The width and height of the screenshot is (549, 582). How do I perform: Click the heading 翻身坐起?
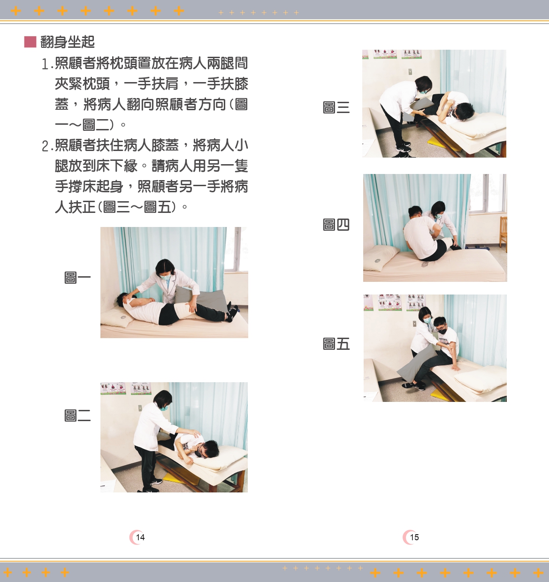click(x=68, y=42)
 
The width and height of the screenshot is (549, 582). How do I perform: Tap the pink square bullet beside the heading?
click(x=30, y=42)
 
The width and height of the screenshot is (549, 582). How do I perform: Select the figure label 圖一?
click(x=77, y=278)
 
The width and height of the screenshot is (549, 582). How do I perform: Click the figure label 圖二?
click(x=77, y=416)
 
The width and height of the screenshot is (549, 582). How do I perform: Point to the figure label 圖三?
click(x=336, y=107)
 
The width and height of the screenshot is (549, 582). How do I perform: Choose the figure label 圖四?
click(x=336, y=225)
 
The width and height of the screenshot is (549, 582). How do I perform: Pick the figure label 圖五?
click(x=336, y=344)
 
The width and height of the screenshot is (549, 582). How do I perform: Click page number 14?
click(x=140, y=537)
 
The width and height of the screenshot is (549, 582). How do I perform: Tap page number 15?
click(x=414, y=537)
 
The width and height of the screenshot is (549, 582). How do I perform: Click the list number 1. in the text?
click(x=47, y=64)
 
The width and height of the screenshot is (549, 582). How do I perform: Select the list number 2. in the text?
click(x=47, y=146)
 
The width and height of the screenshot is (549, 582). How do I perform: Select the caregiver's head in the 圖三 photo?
click(x=424, y=85)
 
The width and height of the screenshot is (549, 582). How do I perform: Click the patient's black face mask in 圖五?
click(x=442, y=331)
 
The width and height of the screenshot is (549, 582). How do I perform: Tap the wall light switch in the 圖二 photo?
click(x=140, y=408)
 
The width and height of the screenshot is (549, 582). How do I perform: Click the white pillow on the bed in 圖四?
click(x=381, y=256)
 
